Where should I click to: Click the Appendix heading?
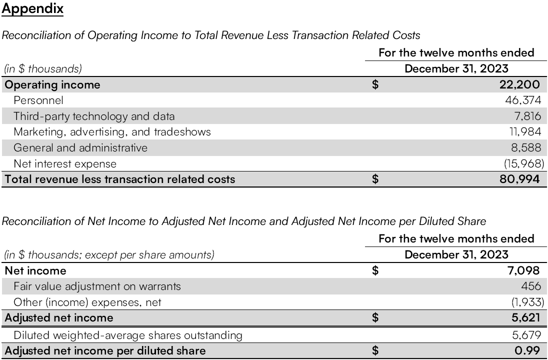click(x=32, y=9)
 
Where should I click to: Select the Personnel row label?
click(x=38, y=100)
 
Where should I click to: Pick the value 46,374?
click(x=523, y=100)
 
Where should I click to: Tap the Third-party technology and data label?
click(x=94, y=116)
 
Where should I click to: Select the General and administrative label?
click(x=80, y=147)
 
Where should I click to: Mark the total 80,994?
click(x=519, y=179)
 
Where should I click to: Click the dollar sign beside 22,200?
click(x=375, y=85)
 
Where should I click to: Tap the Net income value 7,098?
click(x=523, y=271)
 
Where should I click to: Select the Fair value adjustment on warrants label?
click(x=97, y=286)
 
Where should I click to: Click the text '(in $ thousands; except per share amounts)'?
click(x=109, y=255)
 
